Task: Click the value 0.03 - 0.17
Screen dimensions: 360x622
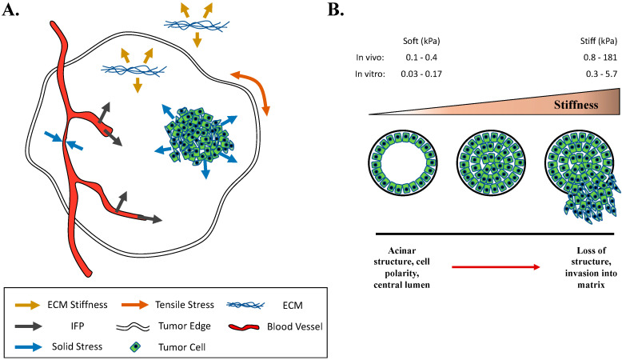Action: pos(425,74)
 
